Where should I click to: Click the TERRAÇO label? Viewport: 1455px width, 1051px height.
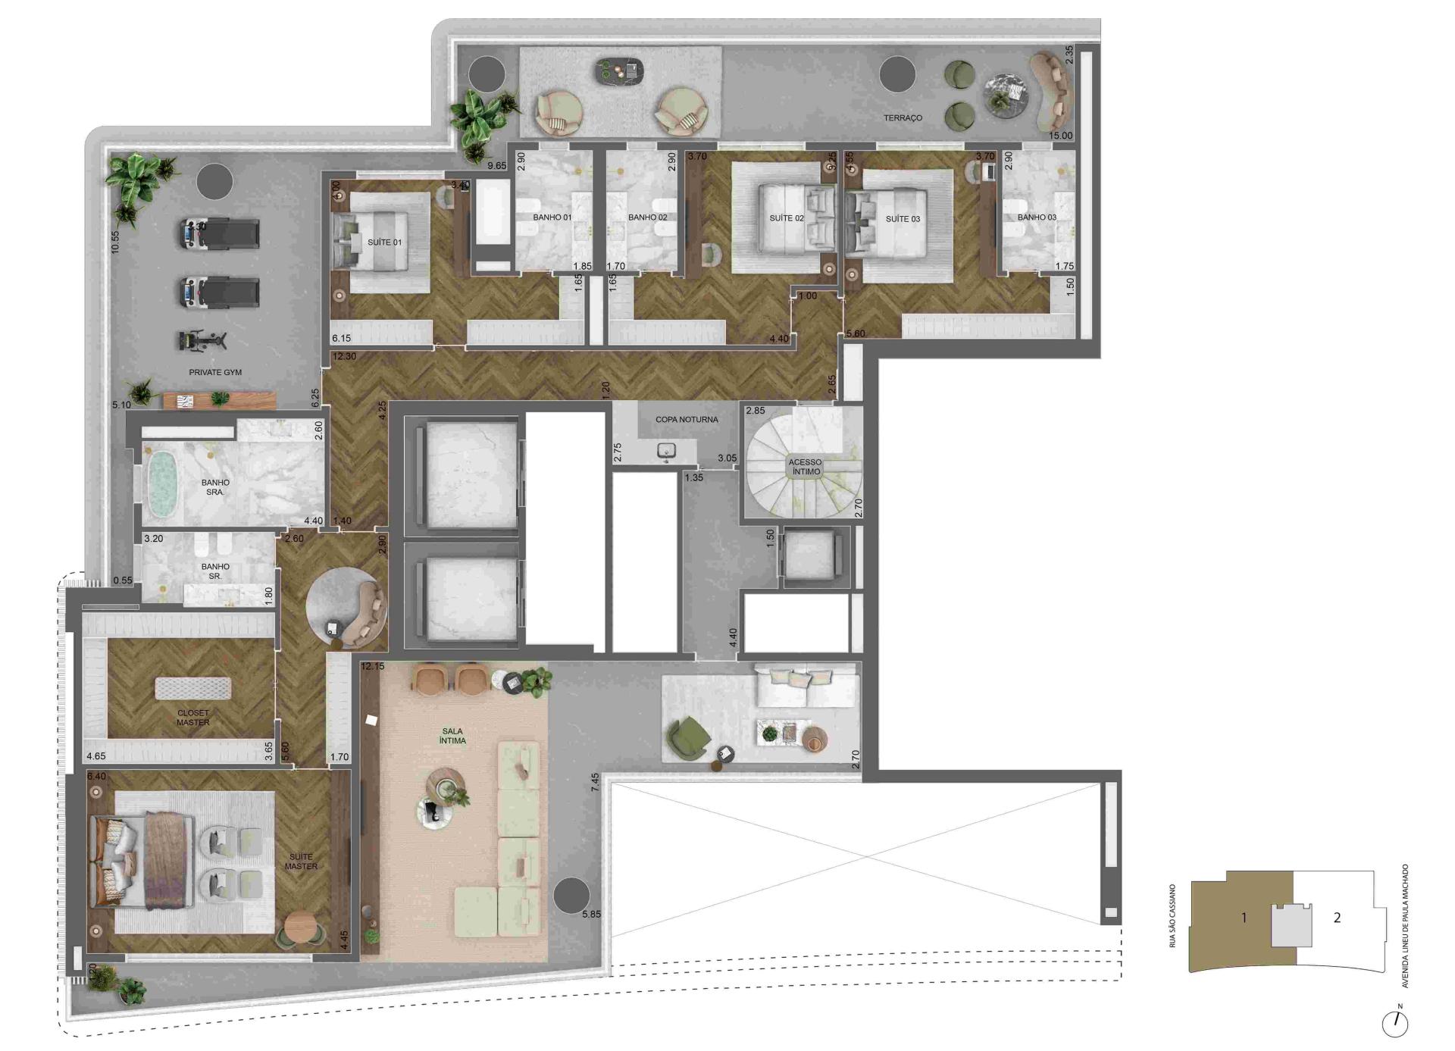tap(903, 118)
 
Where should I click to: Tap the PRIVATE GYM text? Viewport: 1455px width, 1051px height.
tap(215, 372)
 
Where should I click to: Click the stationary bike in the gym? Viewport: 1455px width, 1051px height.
tap(202, 340)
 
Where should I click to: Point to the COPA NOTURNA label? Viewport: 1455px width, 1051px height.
tap(687, 419)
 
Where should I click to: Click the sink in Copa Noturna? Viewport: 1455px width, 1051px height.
tap(667, 452)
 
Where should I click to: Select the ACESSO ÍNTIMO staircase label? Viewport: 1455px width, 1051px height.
tap(805, 467)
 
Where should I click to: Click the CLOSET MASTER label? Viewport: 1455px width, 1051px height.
tap(193, 718)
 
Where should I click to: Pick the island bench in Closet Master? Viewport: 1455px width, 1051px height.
tap(193, 688)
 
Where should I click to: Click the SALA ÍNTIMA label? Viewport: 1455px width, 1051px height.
tap(452, 736)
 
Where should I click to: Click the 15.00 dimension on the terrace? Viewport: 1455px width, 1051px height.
tap(1060, 136)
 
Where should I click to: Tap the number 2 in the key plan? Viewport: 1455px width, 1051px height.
tap(1337, 918)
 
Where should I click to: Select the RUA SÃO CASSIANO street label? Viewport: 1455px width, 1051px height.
tap(1172, 915)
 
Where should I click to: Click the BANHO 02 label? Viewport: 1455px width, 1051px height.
tap(647, 217)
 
